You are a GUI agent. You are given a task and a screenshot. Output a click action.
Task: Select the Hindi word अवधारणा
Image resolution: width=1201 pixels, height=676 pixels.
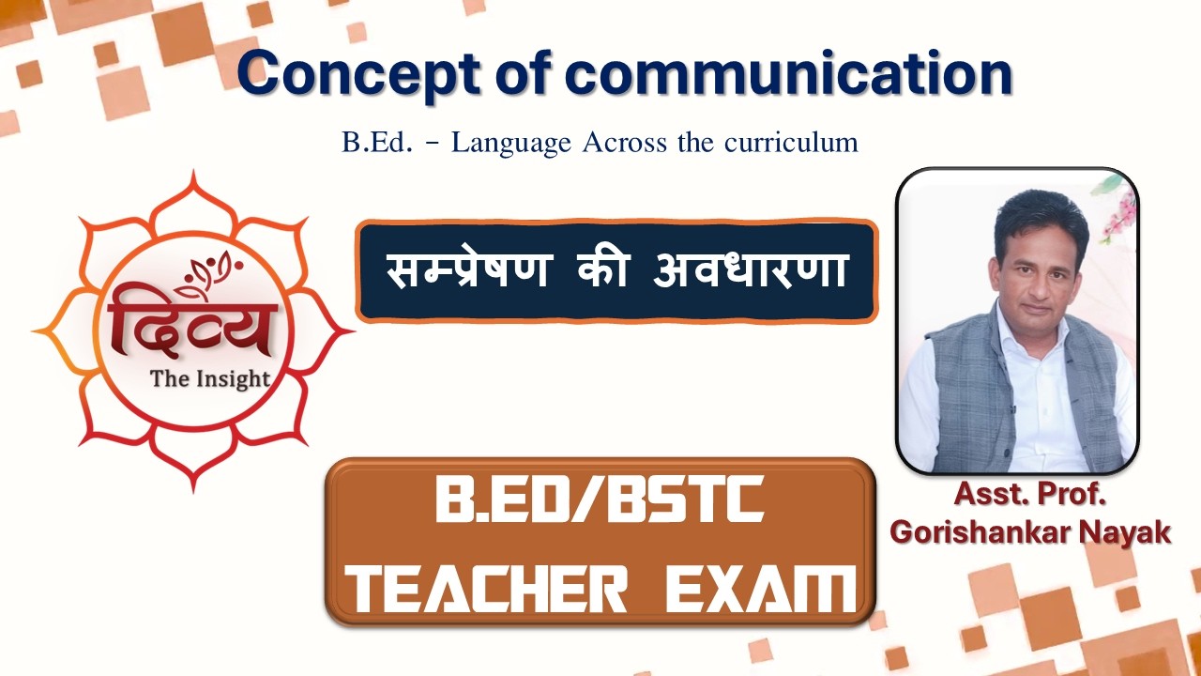753,270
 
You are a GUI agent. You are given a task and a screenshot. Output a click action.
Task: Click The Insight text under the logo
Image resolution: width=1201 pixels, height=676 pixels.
210,379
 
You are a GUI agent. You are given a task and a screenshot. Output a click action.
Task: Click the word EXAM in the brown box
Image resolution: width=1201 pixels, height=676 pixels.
760,588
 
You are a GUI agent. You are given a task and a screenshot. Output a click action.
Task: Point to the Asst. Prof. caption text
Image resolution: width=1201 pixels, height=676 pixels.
1029,495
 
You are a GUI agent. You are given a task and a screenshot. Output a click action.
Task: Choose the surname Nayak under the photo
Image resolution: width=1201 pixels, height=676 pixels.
1125,531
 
